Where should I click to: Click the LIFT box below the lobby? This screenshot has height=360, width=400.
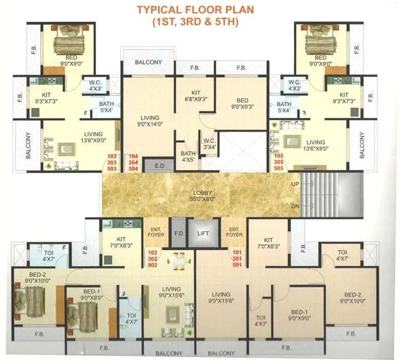203,233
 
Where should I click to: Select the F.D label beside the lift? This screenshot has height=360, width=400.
177,233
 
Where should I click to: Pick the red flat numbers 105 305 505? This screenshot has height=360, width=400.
278,162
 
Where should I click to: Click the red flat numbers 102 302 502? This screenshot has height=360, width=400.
153,259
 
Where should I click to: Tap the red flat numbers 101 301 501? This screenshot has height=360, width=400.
237,259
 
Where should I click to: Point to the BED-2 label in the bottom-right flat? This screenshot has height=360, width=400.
353,298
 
